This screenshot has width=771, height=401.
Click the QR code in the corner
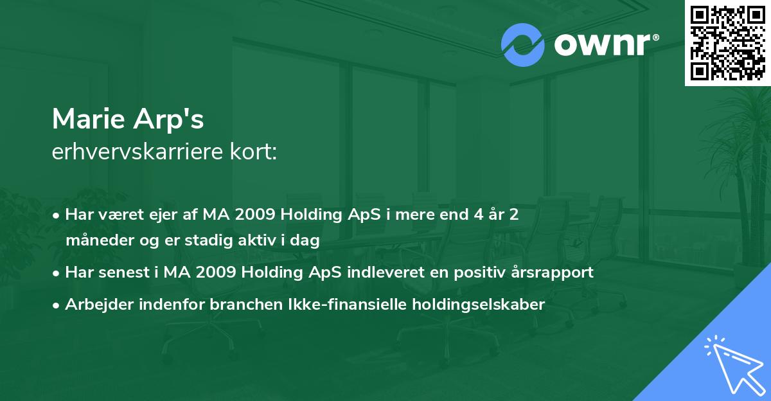click(x=727, y=42)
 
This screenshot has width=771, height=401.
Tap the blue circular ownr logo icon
click(x=522, y=44)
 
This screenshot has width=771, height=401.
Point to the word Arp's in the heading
click(x=173, y=120)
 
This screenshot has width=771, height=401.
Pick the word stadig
click(x=210, y=241)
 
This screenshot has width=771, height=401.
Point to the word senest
click(x=122, y=272)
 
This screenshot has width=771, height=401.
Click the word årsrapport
click(x=550, y=272)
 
